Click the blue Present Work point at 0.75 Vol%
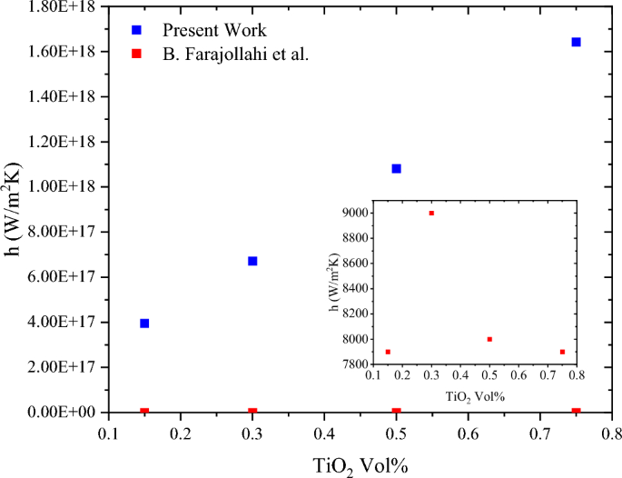576,42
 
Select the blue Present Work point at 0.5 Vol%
396,168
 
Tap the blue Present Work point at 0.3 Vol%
252,261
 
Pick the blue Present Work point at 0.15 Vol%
144,323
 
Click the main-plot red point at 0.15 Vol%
144,412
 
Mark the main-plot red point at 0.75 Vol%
576,412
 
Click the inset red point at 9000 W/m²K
431,213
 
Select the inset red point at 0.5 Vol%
489,339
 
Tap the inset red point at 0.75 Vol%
562,352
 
